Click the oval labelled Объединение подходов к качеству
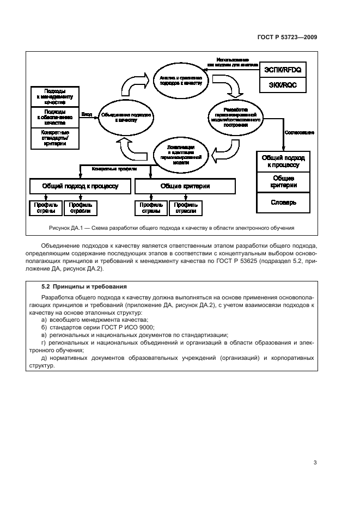point(126,117)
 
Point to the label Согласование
point(299,132)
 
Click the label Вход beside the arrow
point(87,114)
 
